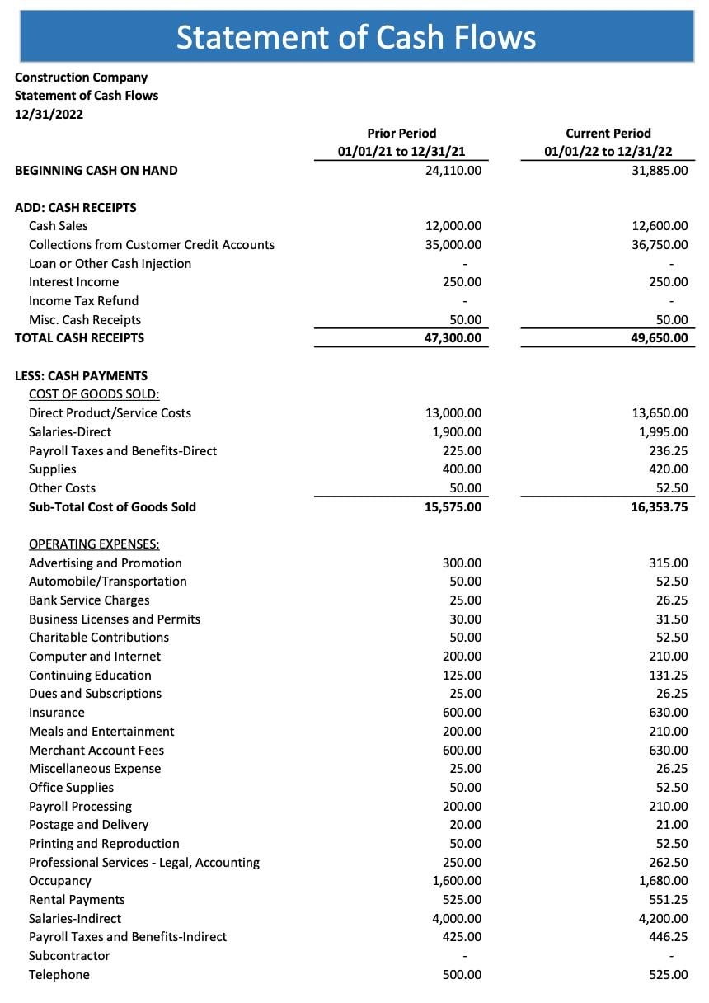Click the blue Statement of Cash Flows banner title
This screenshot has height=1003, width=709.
tap(356, 37)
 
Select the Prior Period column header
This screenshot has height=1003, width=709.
tap(401, 133)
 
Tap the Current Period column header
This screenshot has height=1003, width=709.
tap(608, 133)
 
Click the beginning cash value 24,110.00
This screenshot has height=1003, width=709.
tap(453, 171)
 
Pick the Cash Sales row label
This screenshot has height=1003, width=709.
tap(58, 226)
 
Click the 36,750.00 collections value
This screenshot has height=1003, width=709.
tap(660, 245)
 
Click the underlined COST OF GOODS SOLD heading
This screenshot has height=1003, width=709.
tap(94, 394)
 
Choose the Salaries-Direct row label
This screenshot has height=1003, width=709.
tap(70, 432)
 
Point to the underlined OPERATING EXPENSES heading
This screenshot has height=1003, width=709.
tap(94, 544)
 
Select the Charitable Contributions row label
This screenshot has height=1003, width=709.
tap(99, 638)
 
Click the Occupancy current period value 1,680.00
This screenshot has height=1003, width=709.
tap(664, 881)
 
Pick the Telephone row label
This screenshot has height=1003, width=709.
tap(59, 975)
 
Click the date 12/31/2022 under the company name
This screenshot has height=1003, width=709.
tap(49, 114)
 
